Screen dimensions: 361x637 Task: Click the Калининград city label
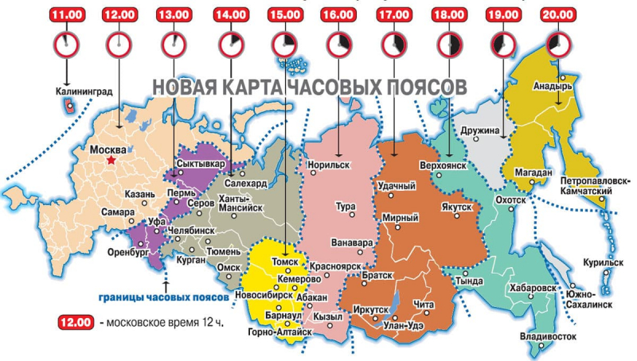[84, 91]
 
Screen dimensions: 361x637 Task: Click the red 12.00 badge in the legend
[77, 323]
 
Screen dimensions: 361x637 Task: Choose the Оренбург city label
[129, 254]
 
